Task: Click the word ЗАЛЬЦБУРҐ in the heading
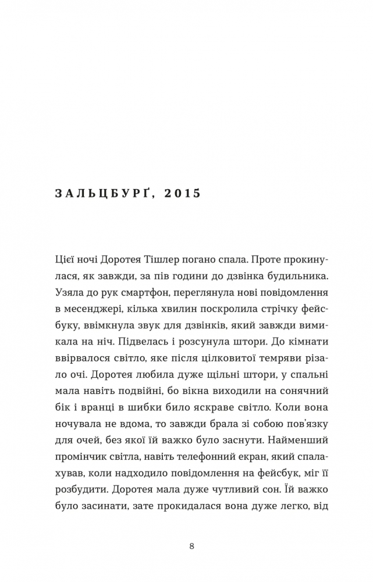[101, 193]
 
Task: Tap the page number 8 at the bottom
[192, 546]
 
